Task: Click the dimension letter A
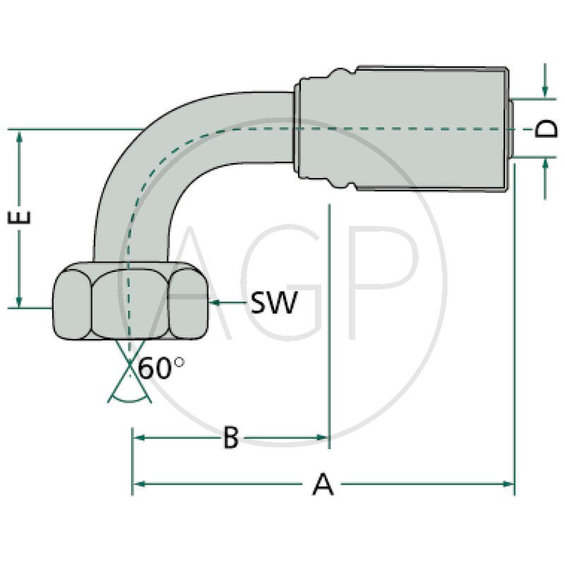pos(322,484)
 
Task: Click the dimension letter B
pos(231,438)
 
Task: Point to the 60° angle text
pos(160,369)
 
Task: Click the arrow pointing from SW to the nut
pos(226,303)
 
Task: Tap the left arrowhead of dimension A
pos(138,484)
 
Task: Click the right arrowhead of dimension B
pos(323,438)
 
